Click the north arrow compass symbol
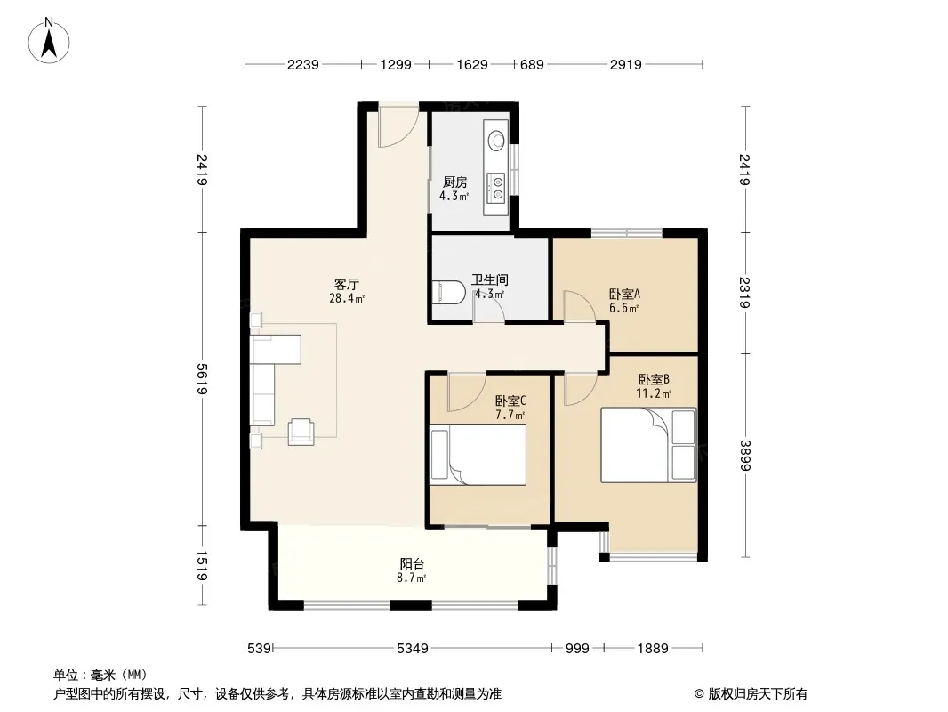(49, 41)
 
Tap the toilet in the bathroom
(448, 292)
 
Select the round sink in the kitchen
(496, 141)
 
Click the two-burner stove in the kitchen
(497, 187)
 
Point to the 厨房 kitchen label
(454, 182)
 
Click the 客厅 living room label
(347, 284)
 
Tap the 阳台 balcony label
(412, 563)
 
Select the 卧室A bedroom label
(624, 295)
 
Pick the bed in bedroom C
(478, 455)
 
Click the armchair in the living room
(301, 432)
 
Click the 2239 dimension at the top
(303, 64)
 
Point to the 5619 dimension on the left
(202, 378)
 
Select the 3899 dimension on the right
(745, 455)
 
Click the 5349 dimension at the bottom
(413, 649)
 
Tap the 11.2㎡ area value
(654, 393)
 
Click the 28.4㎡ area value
(347, 298)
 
